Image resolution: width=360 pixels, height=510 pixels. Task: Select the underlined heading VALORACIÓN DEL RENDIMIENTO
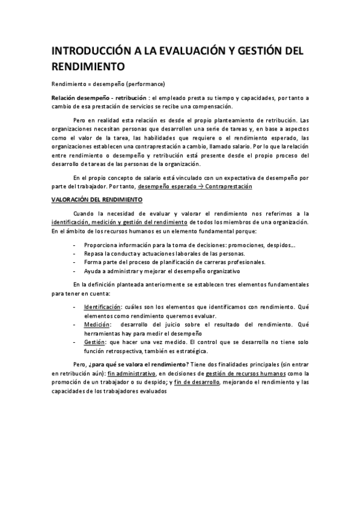(96, 199)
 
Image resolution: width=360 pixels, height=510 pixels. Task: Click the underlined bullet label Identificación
(102, 307)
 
